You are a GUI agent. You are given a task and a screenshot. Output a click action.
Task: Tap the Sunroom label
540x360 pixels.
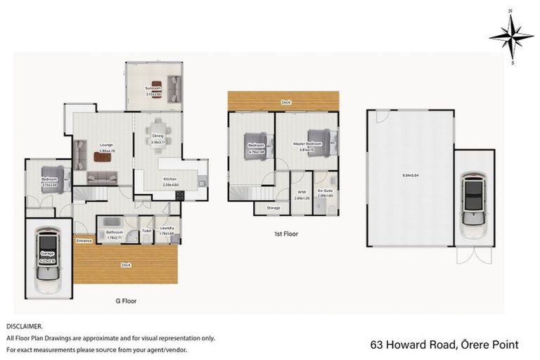pos(153,89)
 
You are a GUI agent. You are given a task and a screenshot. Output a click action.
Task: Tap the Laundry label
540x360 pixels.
pos(167,228)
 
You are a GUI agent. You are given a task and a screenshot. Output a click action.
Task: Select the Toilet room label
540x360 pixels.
pos(147,230)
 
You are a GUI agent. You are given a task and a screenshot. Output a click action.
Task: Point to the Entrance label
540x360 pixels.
pos(84,240)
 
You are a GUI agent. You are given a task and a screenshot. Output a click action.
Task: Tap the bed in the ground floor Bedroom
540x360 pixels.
pos(54,178)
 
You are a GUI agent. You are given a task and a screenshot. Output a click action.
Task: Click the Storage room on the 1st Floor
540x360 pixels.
pos(273,207)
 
